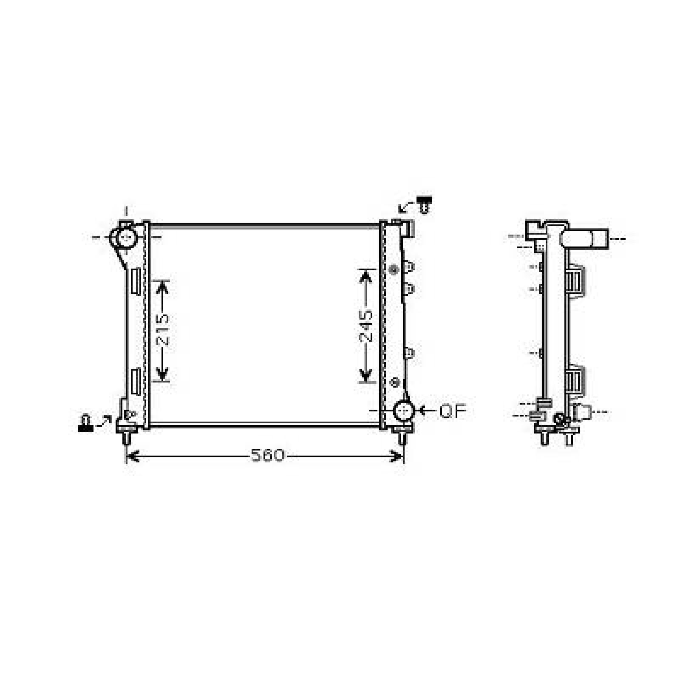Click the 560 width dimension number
coord(267,456)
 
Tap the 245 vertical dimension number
coord(366,326)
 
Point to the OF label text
coord(453,411)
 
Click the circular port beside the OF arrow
coord(404,411)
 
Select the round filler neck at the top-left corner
coord(125,237)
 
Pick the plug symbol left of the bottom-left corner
coord(86,423)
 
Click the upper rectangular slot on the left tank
coord(136,281)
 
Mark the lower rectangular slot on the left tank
coord(136,381)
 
